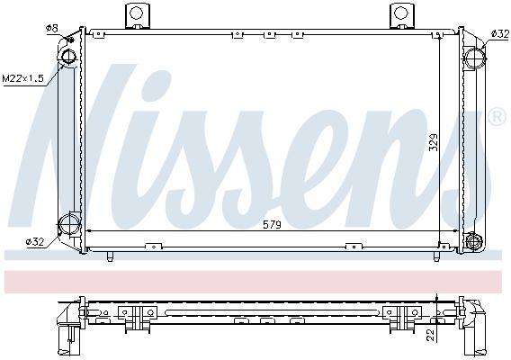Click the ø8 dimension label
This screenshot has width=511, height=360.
point(51,29)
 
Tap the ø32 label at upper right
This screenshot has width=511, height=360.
point(499,33)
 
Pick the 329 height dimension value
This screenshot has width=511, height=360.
point(433,140)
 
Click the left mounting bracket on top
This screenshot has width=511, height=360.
point(137,15)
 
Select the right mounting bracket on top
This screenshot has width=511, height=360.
point(400,15)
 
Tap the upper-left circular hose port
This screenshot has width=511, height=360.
point(69,58)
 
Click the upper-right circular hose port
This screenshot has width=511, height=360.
point(473,58)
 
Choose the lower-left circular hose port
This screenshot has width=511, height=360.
point(68,224)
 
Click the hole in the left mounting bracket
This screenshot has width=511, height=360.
point(137,13)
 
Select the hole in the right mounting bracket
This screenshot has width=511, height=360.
point(400,13)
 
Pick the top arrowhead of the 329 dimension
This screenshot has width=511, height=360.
point(440,37)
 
